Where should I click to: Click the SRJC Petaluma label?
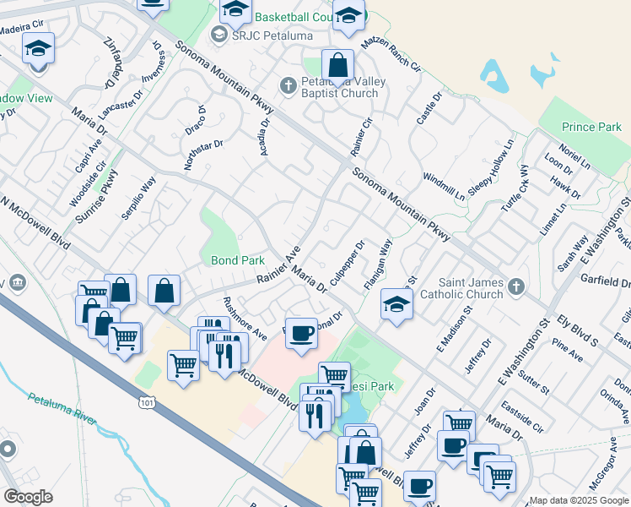click(262, 36)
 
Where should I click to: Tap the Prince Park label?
click(591, 127)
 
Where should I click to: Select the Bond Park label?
click(232, 261)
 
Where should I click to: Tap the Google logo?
click(28, 496)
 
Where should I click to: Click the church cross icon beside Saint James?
click(517, 287)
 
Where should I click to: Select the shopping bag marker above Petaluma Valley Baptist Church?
click(337, 65)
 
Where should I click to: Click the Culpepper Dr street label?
click(347, 263)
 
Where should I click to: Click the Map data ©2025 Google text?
click(579, 500)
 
